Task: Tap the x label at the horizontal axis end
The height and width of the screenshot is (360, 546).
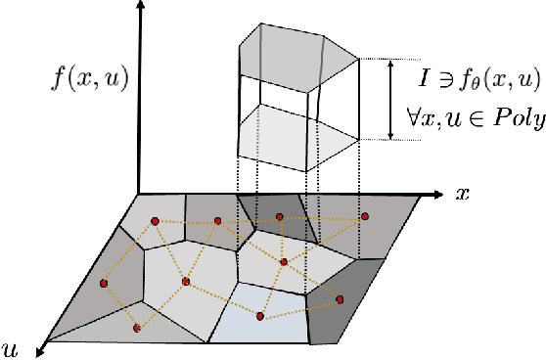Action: [463, 193]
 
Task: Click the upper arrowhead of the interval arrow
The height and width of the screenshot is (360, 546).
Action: [390, 62]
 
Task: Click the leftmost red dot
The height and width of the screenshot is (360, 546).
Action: [103, 283]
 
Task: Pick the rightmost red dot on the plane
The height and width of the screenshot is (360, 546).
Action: [365, 216]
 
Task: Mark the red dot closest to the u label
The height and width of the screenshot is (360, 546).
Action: [136, 328]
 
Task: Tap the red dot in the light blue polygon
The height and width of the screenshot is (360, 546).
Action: [260, 315]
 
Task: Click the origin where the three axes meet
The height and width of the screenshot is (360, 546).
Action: [140, 194]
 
